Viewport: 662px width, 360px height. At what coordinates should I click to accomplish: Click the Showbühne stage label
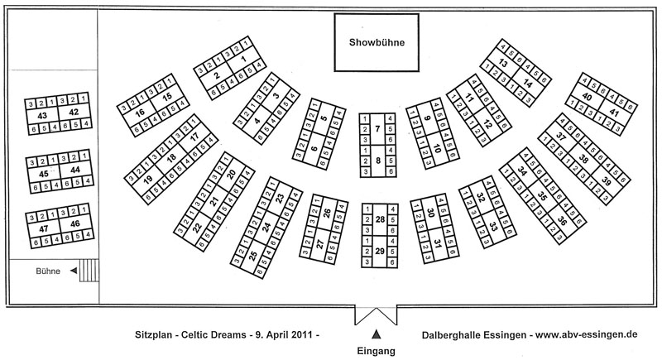click(377, 42)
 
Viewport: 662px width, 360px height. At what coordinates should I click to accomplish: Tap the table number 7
click(378, 129)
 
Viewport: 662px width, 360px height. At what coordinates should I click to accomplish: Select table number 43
click(42, 116)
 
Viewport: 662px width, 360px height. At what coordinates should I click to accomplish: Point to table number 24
click(266, 228)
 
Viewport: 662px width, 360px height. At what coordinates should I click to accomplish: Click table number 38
click(583, 159)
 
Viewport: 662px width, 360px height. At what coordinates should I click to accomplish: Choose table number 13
click(503, 63)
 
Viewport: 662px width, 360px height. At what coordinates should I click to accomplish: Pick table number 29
click(380, 251)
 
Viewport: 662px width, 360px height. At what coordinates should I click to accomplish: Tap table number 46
click(74, 223)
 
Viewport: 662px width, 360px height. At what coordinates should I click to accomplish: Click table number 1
click(242, 60)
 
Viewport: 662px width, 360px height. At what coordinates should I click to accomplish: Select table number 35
click(543, 196)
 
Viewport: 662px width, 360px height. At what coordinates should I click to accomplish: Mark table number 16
click(140, 113)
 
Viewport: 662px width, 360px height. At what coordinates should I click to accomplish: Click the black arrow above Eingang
click(377, 334)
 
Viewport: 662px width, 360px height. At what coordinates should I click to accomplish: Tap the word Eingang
click(377, 351)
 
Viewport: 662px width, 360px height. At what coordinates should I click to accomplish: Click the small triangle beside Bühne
click(74, 271)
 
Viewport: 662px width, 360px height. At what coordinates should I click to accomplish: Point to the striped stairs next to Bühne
click(89, 271)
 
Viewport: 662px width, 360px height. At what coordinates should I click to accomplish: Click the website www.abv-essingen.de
click(587, 334)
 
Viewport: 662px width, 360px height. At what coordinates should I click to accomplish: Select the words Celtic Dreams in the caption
click(213, 335)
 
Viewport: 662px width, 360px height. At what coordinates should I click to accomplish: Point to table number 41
click(614, 113)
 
